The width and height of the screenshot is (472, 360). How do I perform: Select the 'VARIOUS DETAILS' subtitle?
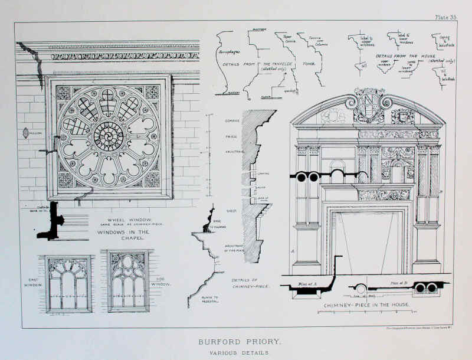(235, 353)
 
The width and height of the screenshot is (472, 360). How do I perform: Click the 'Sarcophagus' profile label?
(228, 52)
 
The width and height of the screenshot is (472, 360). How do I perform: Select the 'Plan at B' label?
(399, 283)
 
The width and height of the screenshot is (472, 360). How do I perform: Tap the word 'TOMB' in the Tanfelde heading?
(310, 63)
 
